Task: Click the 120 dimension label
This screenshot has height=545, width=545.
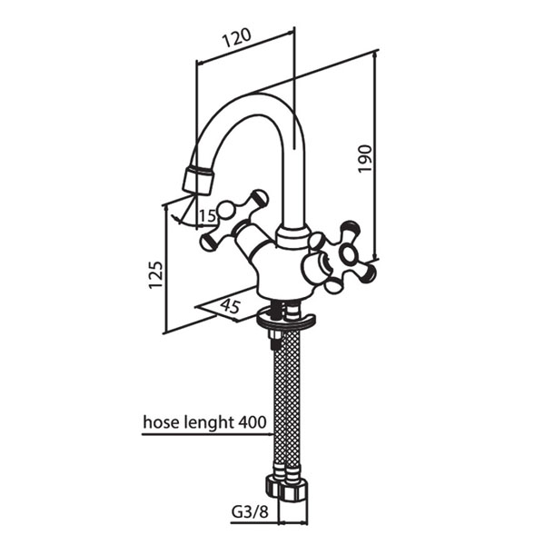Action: pyautogui.click(x=237, y=37)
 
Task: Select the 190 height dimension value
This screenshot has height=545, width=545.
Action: pyautogui.click(x=364, y=159)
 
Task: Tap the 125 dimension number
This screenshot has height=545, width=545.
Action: pyautogui.click(x=155, y=274)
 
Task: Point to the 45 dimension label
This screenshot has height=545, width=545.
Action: pyautogui.click(x=230, y=306)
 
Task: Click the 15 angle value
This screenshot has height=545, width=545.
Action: pyautogui.click(x=207, y=217)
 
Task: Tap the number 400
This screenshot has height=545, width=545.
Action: pyautogui.click(x=253, y=422)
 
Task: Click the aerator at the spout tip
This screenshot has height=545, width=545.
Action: pyautogui.click(x=197, y=181)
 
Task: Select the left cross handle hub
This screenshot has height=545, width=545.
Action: pyautogui.click(x=226, y=210)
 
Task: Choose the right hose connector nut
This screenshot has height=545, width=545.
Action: pyautogui.click(x=293, y=490)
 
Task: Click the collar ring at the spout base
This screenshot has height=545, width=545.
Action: pyautogui.click(x=293, y=237)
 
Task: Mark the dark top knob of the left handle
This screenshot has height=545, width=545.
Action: pyautogui.click(x=260, y=196)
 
